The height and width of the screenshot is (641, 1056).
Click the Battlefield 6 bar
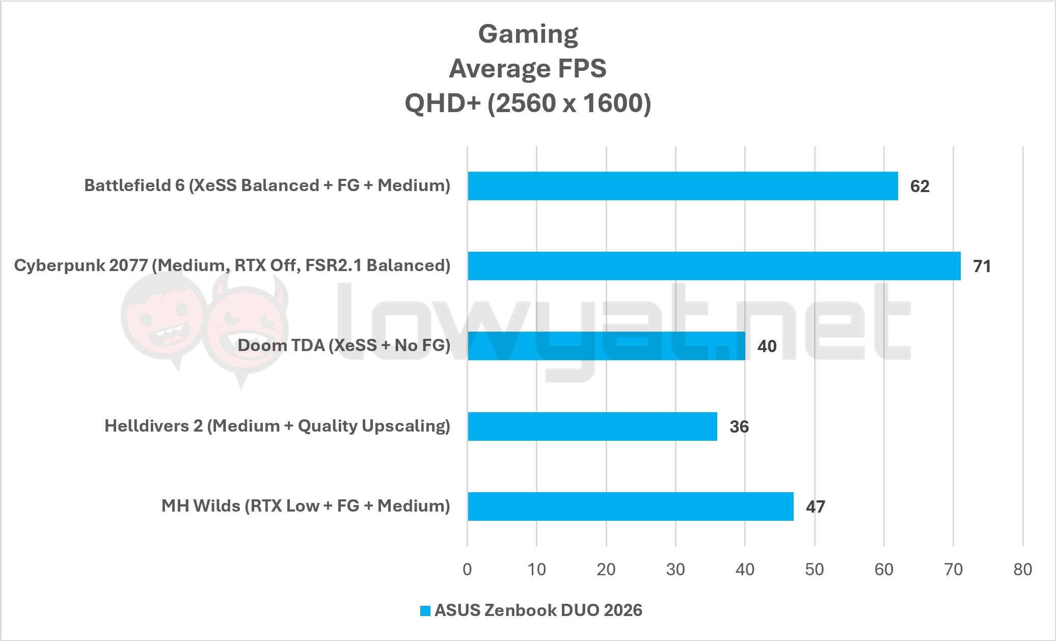click(683, 186)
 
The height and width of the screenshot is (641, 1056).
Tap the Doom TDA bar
click(606, 346)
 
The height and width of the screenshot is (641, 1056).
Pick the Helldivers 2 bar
click(592, 426)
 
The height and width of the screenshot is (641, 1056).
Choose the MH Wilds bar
click(631, 506)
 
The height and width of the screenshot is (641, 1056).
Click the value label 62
click(919, 186)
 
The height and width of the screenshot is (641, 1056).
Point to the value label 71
click(982, 266)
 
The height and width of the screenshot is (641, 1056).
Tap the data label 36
click(739, 426)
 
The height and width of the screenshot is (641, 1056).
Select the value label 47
click(815, 507)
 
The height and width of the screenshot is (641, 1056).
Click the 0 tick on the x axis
click(467, 569)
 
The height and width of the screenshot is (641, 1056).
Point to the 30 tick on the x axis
click(675, 569)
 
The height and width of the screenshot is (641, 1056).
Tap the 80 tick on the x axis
click(1022, 569)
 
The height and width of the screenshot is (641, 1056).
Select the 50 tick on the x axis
click(814, 569)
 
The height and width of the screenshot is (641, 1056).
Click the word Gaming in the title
click(528, 35)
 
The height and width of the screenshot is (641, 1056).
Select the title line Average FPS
click(528, 69)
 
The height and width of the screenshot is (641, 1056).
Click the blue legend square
click(425, 610)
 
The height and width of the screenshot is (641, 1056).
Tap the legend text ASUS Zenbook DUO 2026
click(538, 610)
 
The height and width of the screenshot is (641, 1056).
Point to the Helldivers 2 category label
click(277, 426)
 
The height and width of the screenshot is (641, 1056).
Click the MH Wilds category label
click(306, 506)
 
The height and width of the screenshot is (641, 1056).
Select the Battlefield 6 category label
click(267, 185)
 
